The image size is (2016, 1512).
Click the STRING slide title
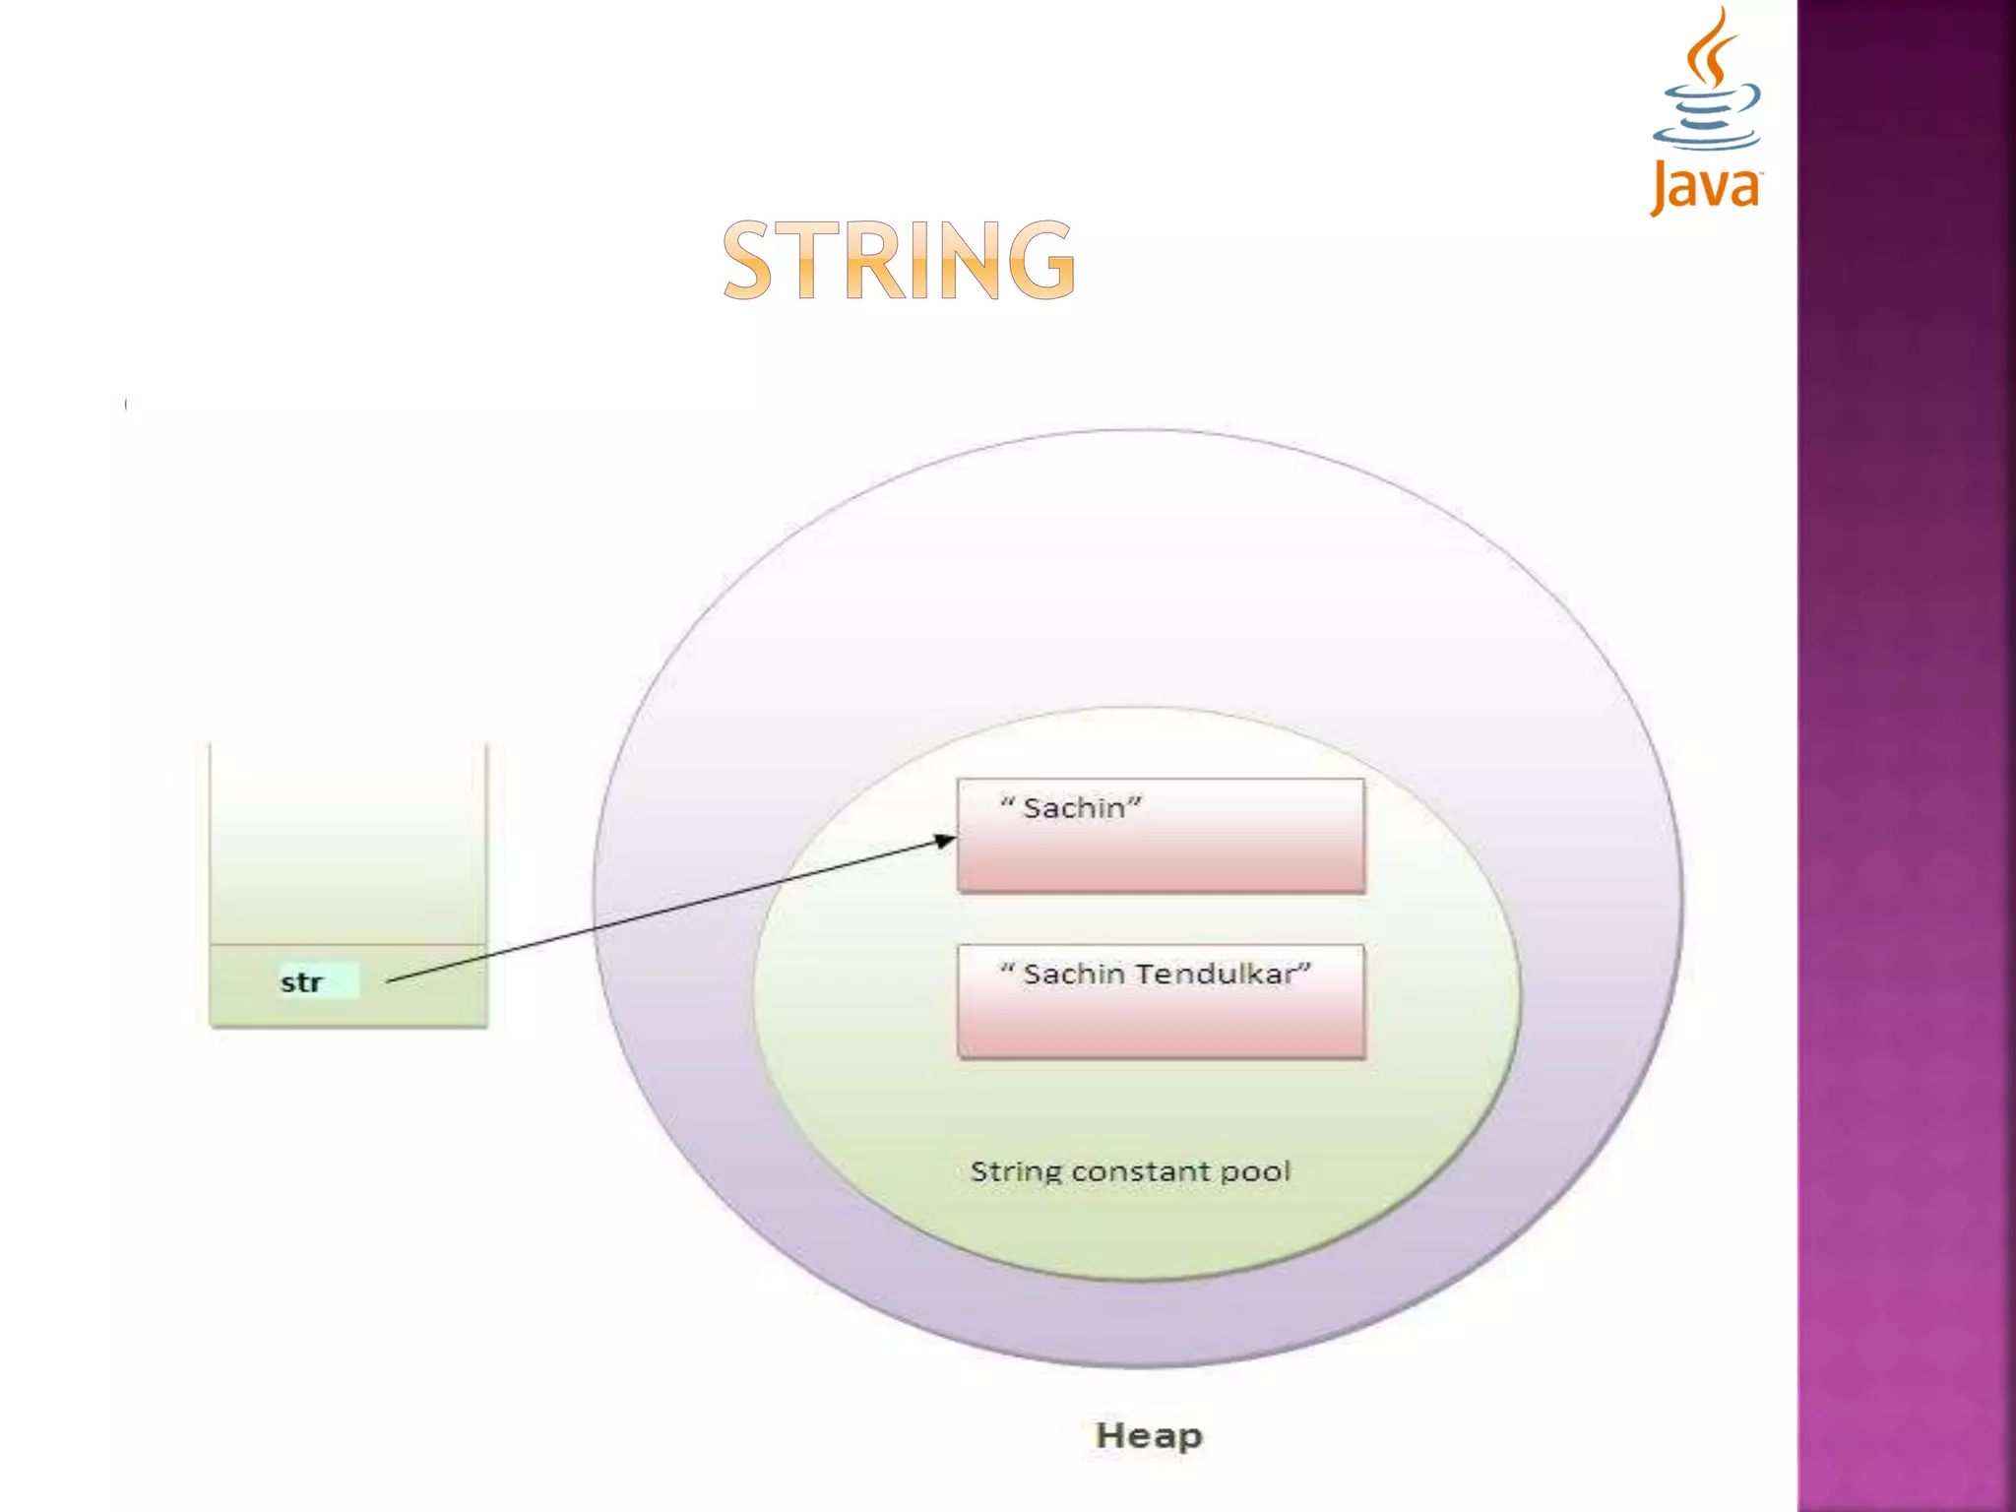point(899,260)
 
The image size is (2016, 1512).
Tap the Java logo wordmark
point(1706,187)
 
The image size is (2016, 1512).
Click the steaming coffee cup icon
point(1708,84)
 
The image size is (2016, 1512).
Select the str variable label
point(301,982)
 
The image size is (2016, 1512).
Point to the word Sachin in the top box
point(1073,808)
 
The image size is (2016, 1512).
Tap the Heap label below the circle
point(1149,1435)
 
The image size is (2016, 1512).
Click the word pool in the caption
point(1255,1171)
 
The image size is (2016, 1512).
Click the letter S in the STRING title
point(748,260)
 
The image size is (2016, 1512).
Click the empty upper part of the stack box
point(348,837)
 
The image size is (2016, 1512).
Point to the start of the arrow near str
point(390,980)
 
